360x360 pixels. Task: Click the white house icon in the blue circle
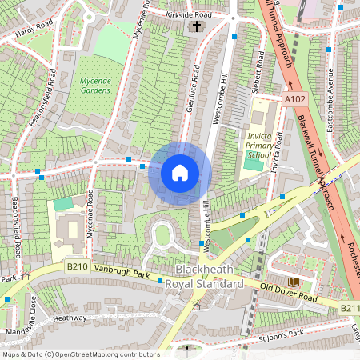coord(180,173)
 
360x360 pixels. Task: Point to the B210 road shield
coord(76,267)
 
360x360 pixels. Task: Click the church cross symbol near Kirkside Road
coord(196,26)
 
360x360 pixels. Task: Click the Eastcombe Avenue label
coord(329,100)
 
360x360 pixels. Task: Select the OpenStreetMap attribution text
coord(80,354)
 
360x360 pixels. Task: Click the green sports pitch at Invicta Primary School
coord(253,165)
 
